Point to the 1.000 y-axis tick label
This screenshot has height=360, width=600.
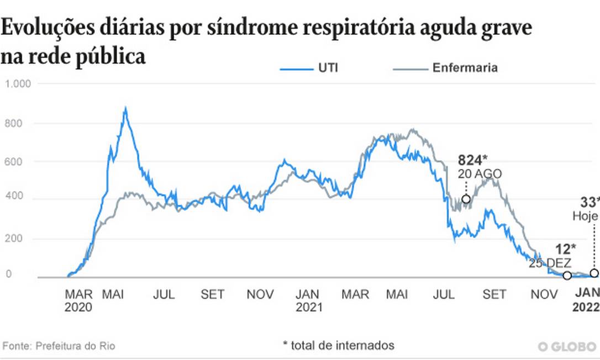coord(18,84)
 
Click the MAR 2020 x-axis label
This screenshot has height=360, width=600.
coord(78,301)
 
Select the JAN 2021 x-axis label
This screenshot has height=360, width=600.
coord(308,301)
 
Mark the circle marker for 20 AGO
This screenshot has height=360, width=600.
coord(466,199)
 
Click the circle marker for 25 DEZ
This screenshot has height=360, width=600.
coord(567,276)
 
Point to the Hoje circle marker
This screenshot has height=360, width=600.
coord(594,273)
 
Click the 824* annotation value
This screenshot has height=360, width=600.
coord(472,161)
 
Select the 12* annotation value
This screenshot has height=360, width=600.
coord(566,250)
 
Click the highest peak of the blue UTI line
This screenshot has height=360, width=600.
coord(126,108)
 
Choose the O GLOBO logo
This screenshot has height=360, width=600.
coord(568,346)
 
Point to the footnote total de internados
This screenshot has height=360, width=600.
coord(339,346)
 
